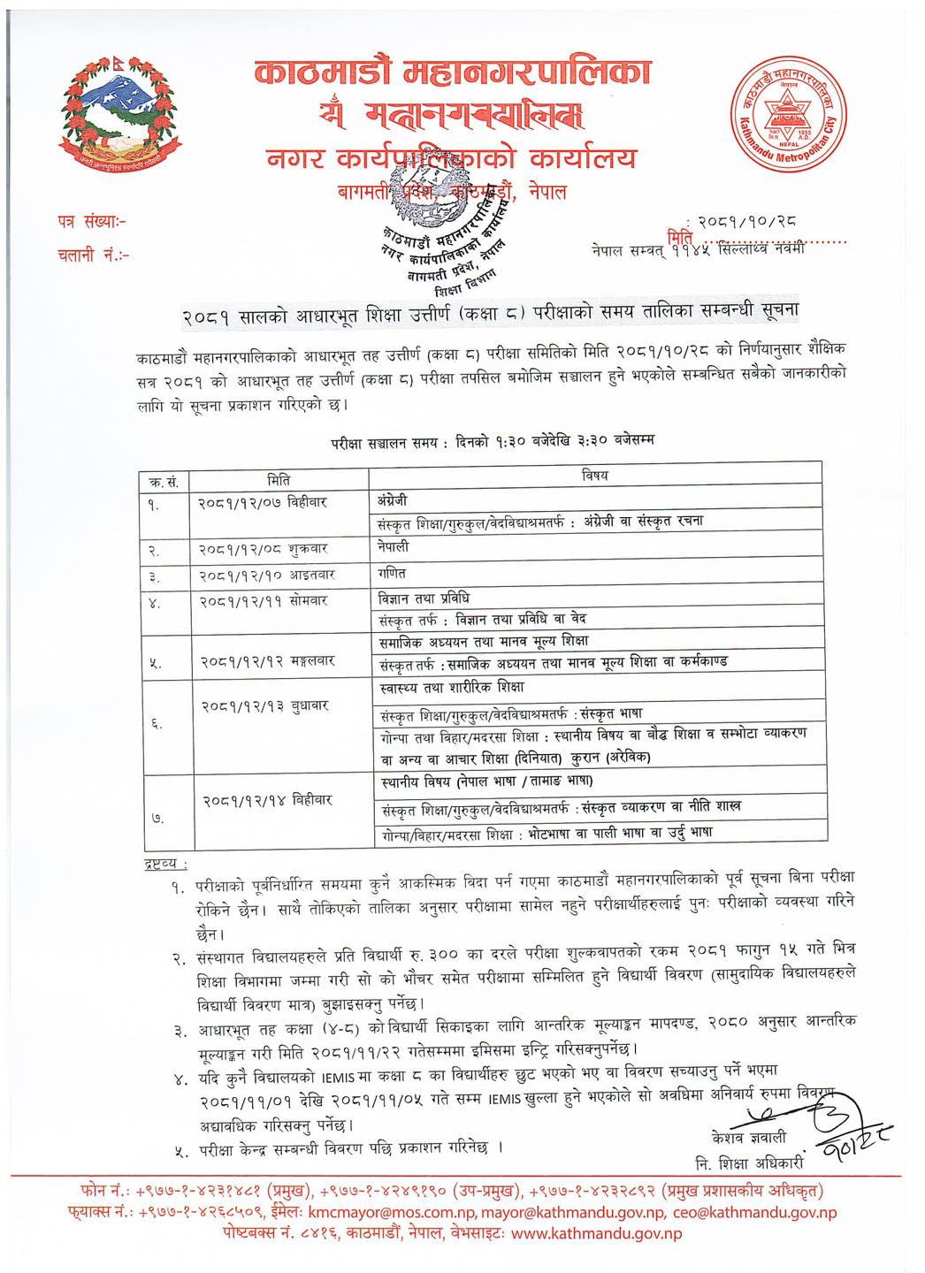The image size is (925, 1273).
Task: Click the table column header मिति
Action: click(x=279, y=479)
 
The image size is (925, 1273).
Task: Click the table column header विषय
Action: click(x=594, y=476)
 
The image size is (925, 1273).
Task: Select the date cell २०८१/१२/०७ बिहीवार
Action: click(x=262, y=502)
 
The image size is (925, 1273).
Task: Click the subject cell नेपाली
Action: click(x=394, y=547)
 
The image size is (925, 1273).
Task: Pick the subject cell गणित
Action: click(x=392, y=574)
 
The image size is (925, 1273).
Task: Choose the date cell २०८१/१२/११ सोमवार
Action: click(x=263, y=600)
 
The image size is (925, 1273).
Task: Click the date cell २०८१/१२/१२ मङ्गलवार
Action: click(x=266, y=660)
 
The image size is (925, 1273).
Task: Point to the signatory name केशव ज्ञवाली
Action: click(x=748, y=1137)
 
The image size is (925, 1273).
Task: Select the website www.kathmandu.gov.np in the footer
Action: click(x=596, y=1233)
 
